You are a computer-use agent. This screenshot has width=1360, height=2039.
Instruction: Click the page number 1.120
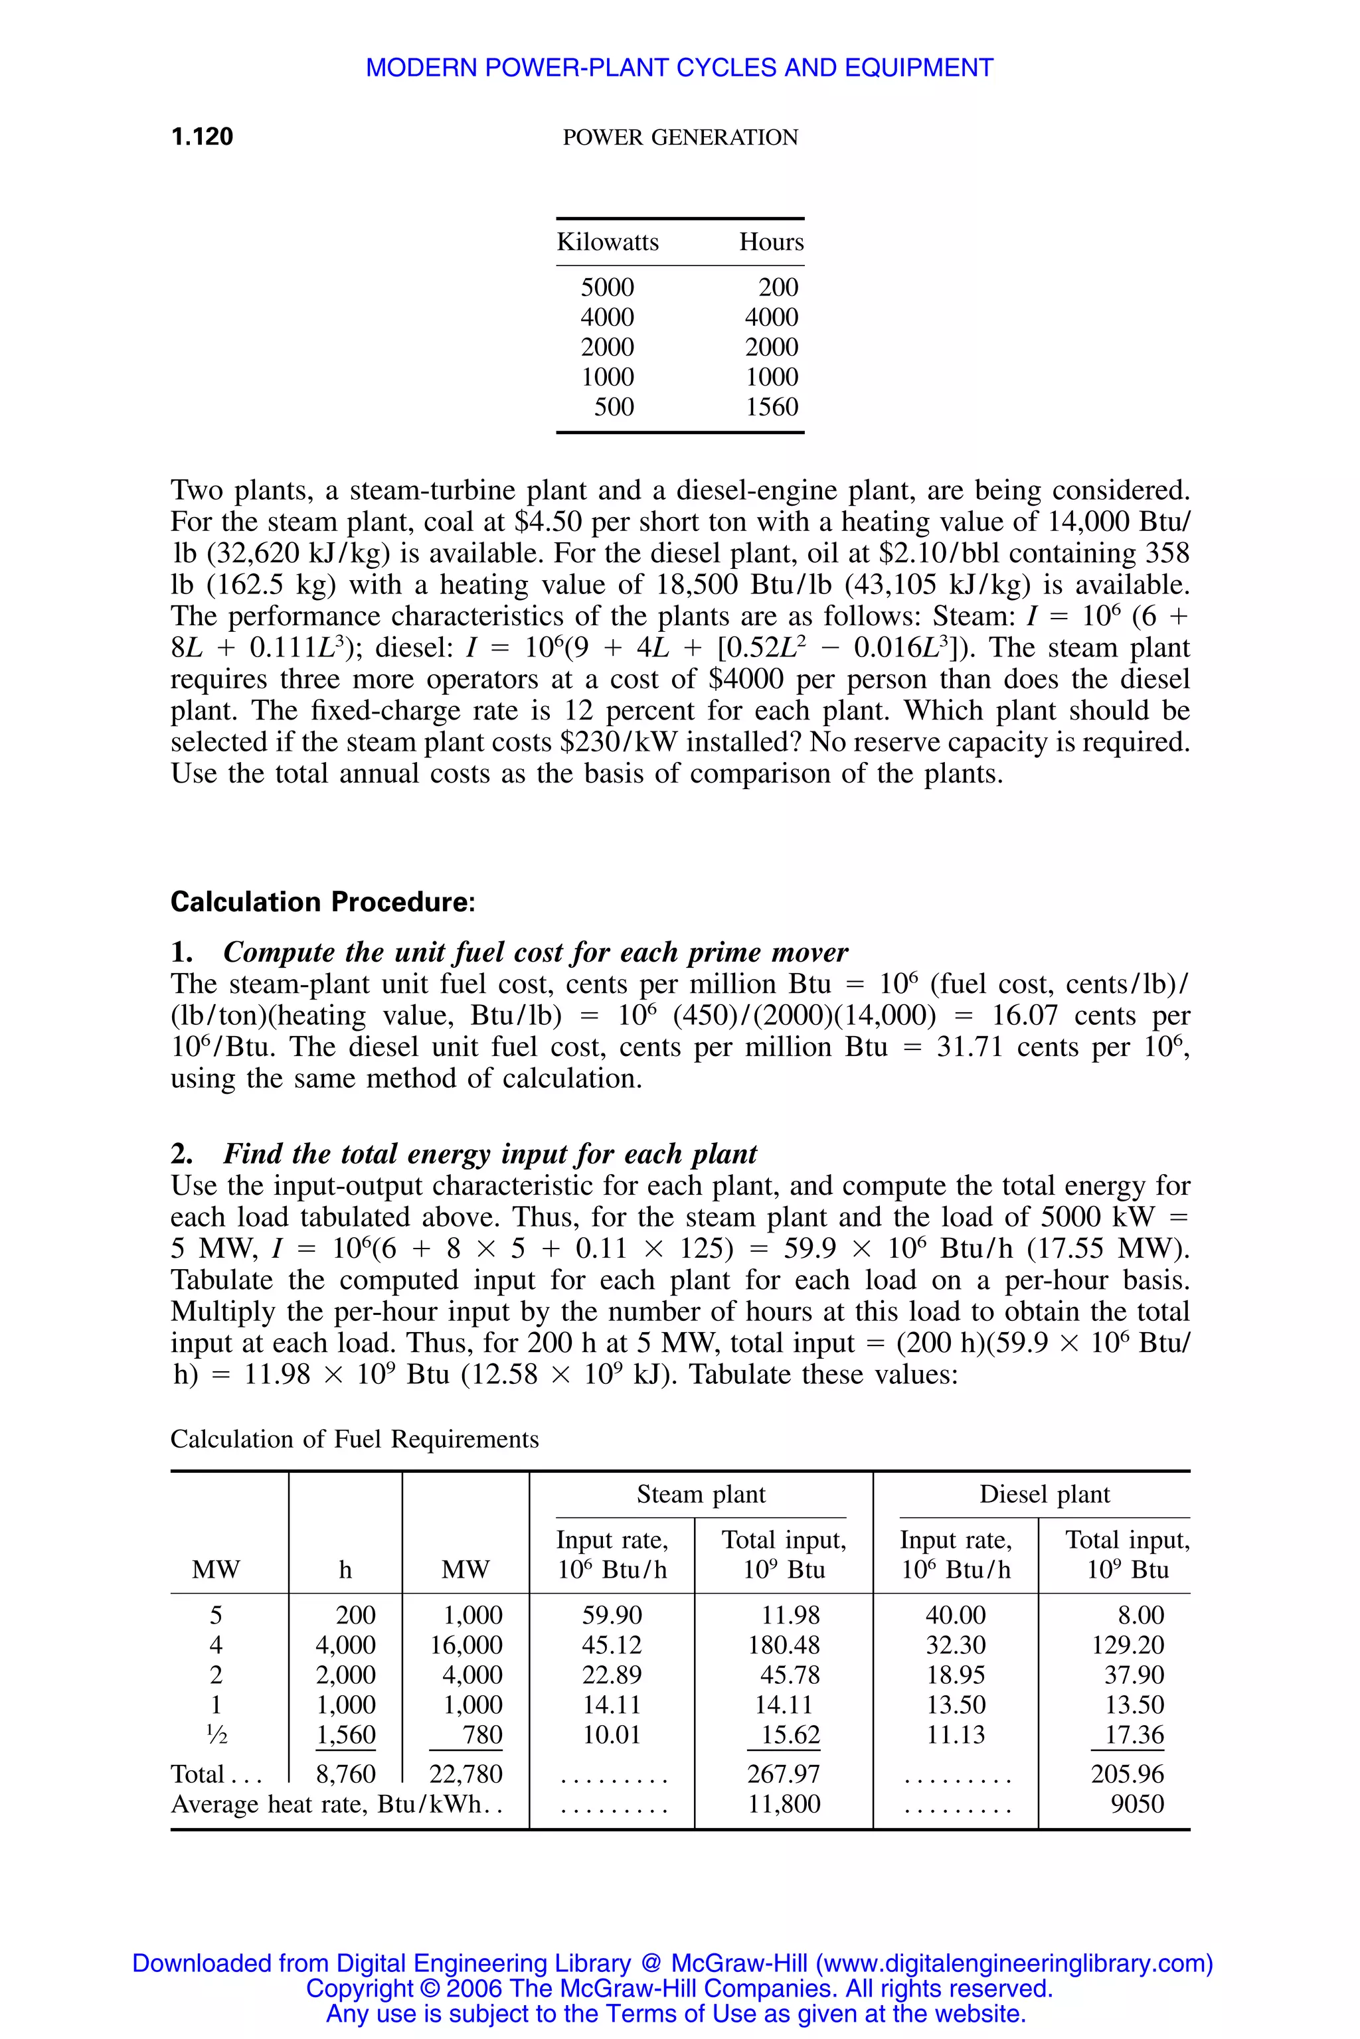[x=202, y=136]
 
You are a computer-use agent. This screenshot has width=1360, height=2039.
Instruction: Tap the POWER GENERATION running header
[x=680, y=137]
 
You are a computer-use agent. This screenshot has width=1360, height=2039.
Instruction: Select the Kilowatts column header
[x=607, y=242]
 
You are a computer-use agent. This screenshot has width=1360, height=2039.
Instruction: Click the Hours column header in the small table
[x=771, y=242]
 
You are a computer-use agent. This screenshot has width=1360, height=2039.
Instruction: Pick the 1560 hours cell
[x=771, y=407]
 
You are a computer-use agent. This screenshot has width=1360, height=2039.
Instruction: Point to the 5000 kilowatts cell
[x=607, y=287]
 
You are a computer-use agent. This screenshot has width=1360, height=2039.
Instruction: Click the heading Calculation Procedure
[x=323, y=901]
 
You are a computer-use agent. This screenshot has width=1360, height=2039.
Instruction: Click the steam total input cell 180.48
[x=784, y=1645]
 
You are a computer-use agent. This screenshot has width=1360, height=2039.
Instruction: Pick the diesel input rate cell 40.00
[x=956, y=1614]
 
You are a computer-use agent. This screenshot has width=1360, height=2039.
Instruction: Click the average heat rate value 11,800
[x=784, y=1804]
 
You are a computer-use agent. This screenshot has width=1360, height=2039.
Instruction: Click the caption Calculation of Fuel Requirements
[x=354, y=1439]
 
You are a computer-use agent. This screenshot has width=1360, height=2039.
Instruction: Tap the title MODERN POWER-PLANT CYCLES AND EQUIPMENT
[x=679, y=68]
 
